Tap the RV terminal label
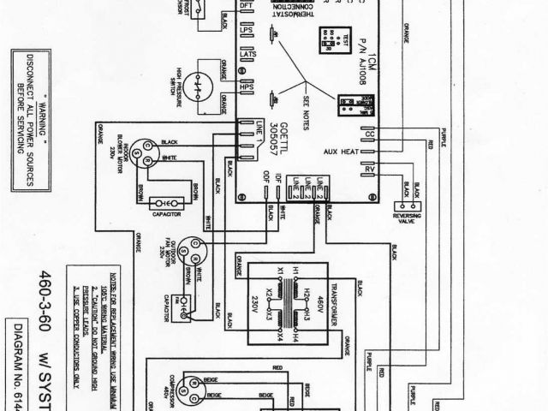tap(370, 170)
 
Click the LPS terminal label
tap(247, 41)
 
